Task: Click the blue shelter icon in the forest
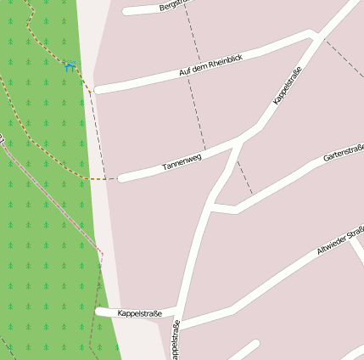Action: tap(70, 65)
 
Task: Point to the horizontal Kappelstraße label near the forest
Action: tap(140, 314)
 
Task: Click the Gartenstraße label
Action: tap(344, 153)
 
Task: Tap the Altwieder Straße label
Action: tap(339, 239)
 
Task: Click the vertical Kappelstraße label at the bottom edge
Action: tap(176, 340)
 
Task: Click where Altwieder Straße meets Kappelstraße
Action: tap(181, 323)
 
